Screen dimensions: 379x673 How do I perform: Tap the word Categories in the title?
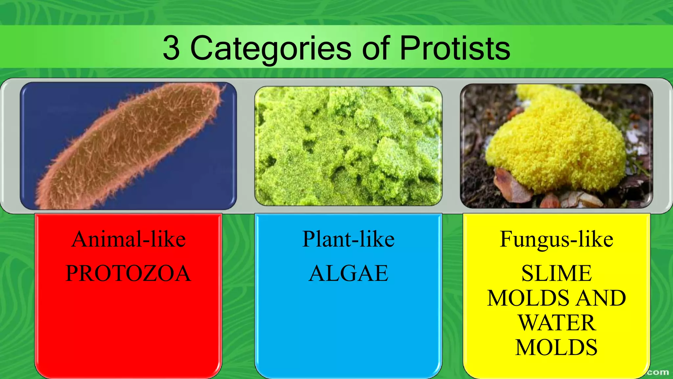pos(271,49)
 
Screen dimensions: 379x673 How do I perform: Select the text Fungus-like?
pos(556,239)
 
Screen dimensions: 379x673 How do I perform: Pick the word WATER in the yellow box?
pos(557,323)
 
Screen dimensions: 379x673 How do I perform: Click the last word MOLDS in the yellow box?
pos(556,347)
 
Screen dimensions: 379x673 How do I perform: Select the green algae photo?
pos(348,146)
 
